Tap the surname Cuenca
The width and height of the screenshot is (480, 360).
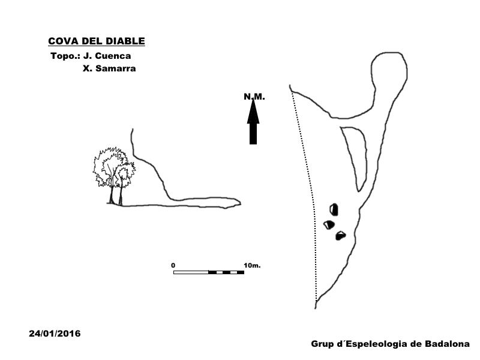113,56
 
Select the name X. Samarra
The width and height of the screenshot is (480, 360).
109,68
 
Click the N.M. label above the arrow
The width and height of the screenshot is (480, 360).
254,97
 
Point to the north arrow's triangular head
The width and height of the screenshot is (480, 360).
253,112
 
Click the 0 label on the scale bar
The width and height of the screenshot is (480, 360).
173,265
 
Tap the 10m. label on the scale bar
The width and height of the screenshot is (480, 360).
252,265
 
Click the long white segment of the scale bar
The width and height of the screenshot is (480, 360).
191,272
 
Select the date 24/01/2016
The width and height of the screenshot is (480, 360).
55,334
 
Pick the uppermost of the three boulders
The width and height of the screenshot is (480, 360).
334,209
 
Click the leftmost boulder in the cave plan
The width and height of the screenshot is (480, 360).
329,224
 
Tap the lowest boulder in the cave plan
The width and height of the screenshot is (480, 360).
340,236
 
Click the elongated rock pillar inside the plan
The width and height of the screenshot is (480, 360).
356,156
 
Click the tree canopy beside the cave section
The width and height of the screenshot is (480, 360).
114,167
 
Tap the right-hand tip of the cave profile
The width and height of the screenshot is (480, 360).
241,202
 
